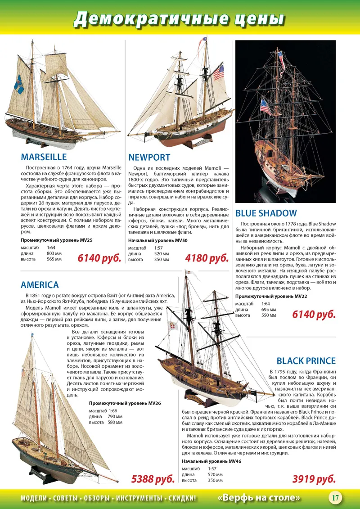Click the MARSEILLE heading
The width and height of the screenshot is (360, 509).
point(44,157)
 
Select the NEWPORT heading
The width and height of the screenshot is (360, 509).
point(149,157)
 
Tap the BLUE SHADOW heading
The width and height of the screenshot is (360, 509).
point(266,213)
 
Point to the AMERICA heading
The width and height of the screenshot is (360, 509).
point(40,285)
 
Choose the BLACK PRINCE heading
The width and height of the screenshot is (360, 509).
point(306,360)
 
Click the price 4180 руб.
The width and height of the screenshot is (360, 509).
point(207,258)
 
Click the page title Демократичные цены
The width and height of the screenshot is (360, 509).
point(179,18)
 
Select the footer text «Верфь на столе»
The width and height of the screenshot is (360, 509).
point(259,498)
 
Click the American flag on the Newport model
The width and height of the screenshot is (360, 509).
point(218,72)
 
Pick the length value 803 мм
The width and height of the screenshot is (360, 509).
point(54,253)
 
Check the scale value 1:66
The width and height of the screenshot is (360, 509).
point(112,410)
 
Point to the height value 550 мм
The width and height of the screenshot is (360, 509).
point(269,315)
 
